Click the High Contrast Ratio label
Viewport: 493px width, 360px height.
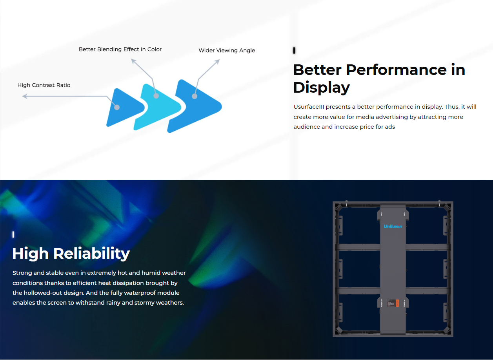44,85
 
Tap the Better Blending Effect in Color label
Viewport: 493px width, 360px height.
120,49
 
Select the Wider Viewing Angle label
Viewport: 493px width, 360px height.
227,50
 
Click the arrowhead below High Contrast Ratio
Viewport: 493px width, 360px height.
25,96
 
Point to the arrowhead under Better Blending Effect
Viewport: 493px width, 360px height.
133,61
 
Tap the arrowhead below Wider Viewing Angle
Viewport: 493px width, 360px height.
217,62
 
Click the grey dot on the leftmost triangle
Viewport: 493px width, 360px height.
117,107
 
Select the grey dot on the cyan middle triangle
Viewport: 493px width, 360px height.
156,96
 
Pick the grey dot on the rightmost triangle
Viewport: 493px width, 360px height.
195,96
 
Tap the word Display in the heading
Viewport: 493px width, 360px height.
322,88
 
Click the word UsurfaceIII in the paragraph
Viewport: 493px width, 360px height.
309,107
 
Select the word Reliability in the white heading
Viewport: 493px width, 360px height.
91,254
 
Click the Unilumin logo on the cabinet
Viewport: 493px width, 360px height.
393,226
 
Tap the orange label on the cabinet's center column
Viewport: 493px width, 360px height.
397,303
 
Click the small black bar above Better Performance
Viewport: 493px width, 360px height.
294,51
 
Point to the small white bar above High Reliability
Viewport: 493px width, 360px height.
13,234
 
